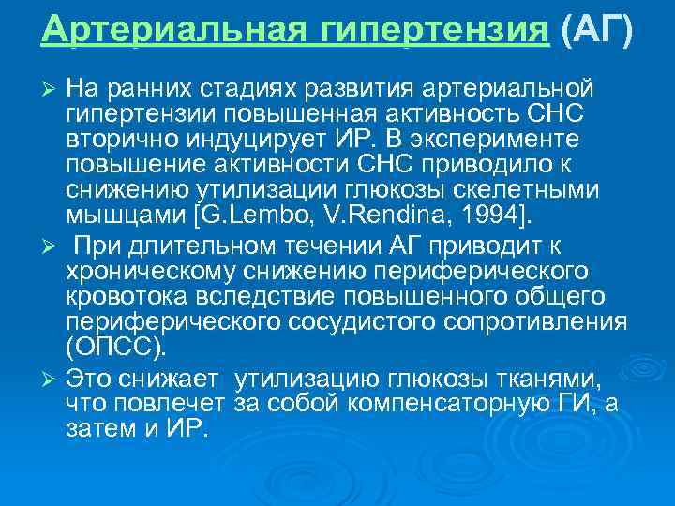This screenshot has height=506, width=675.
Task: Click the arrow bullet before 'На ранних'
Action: [51, 88]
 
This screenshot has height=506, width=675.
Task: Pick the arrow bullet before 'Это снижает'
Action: [51, 379]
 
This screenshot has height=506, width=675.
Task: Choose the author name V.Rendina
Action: [423, 217]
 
